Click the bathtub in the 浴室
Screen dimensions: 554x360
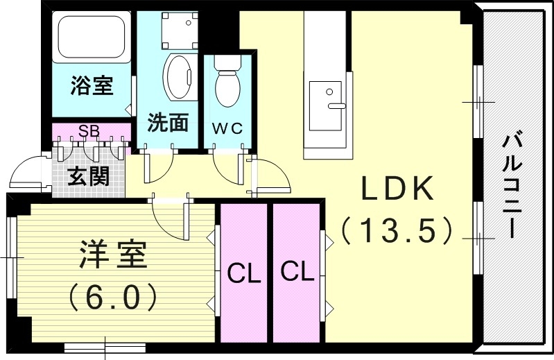click(x=92, y=37)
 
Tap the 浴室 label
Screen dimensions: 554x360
click(x=92, y=85)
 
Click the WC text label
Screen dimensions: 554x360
click(x=227, y=128)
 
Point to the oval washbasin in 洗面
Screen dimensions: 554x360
click(x=180, y=77)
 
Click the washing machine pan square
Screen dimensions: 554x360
click(x=180, y=31)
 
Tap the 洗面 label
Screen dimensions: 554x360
click(x=168, y=122)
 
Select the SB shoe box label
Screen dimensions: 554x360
click(x=89, y=131)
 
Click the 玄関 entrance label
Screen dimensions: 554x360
click(x=88, y=176)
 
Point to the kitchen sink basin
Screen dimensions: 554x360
click(x=326, y=106)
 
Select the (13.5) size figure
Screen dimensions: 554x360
click(x=397, y=230)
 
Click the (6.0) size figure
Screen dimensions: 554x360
click(x=113, y=296)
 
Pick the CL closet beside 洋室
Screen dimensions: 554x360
click(x=244, y=273)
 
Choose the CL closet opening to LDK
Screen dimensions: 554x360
click(x=297, y=273)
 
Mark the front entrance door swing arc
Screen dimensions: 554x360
click(x=27, y=171)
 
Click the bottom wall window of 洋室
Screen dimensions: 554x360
click(x=105, y=348)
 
